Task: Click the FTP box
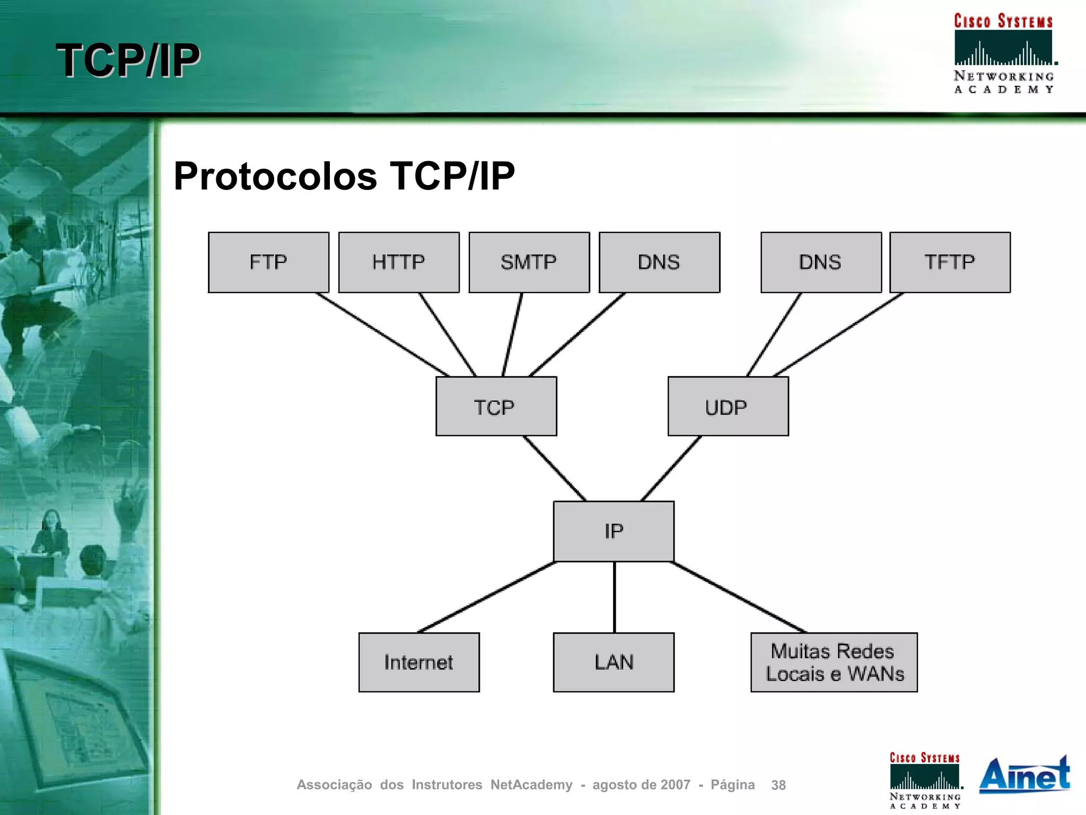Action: pyautogui.click(x=268, y=262)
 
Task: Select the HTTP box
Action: pyautogui.click(x=399, y=262)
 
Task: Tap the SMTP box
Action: pyautogui.click(x=529, y=262)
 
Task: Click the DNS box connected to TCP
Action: pyautogui.click(x=659, y=262)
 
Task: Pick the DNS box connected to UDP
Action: pyautogui.click(x=821, y=262)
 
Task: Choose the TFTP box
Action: pyautogui.click(x=950, y=262)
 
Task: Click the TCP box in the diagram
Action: pyautogui.click(x=496, y=407)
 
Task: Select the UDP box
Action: pyautogui.click(x=728, y=407)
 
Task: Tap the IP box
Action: pyautogui.click(x=614, y=531)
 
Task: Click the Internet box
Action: pyautogui.click(x=419, y=662)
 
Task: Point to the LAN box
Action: pyautogui.click(x=614, y=662)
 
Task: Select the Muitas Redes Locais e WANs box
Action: pyautogui.click(x=834, y=662)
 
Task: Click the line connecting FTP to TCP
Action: pyautogui.click(x=382, y=335)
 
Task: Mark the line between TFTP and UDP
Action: pyautogui.click(x=838, y=335)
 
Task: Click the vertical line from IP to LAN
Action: pyautogui.click(x=614, y=597)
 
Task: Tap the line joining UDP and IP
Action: pyautogui.click(x=671, y=469)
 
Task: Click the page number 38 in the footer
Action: pyautogui.click(x=778, y=785)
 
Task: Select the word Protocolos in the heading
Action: pyautogui.click(x=275, y=177)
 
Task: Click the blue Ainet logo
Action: pyautogui.click(x=1024, y=775)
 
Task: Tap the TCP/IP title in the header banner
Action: pyautogui.click(x=128, y=60)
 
